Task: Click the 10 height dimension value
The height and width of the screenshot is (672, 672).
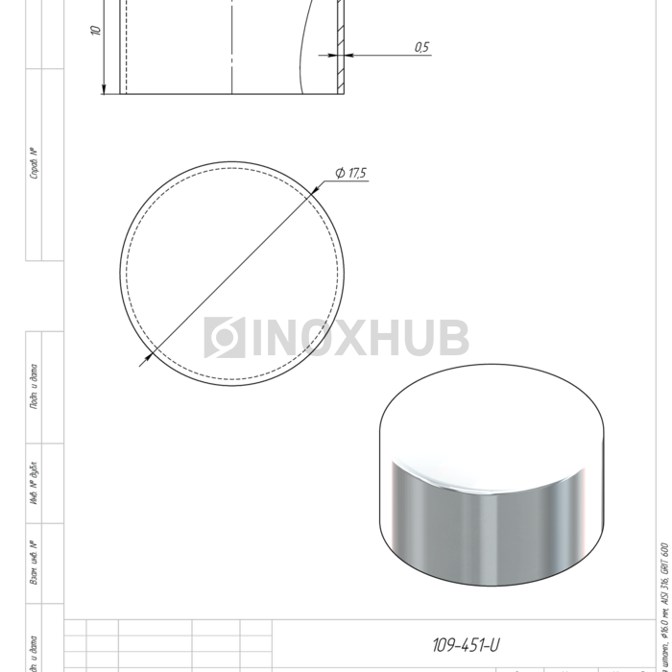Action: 96,30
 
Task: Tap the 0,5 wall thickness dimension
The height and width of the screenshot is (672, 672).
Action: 421,47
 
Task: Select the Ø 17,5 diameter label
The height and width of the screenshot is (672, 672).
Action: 351,173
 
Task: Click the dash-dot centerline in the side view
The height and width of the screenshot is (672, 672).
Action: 232,48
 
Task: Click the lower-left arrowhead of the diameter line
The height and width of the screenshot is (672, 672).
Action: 145,360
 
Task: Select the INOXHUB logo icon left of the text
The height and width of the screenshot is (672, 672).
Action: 225,338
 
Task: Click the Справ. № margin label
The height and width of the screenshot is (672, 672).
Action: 34,164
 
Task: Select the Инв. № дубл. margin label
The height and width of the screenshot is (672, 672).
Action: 34,485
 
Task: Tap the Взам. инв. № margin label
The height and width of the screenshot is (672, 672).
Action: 34,563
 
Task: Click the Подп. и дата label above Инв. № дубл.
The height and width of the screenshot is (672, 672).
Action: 34,387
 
